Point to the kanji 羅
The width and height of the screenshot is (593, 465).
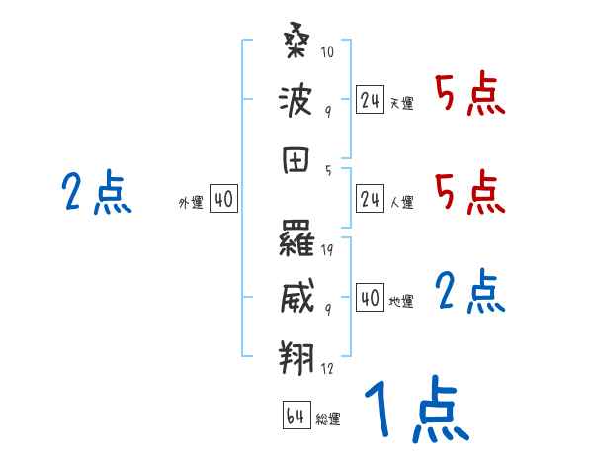coord(297,238)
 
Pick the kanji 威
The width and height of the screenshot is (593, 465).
coord(297,294)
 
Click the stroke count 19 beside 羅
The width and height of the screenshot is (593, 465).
coord(327,249)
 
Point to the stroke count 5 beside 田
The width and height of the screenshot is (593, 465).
coord(328,169)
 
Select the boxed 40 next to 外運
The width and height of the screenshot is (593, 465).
coord(222,199)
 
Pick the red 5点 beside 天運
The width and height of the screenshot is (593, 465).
coord(470,96)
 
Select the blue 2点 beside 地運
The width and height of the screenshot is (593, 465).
coord(470,293)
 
